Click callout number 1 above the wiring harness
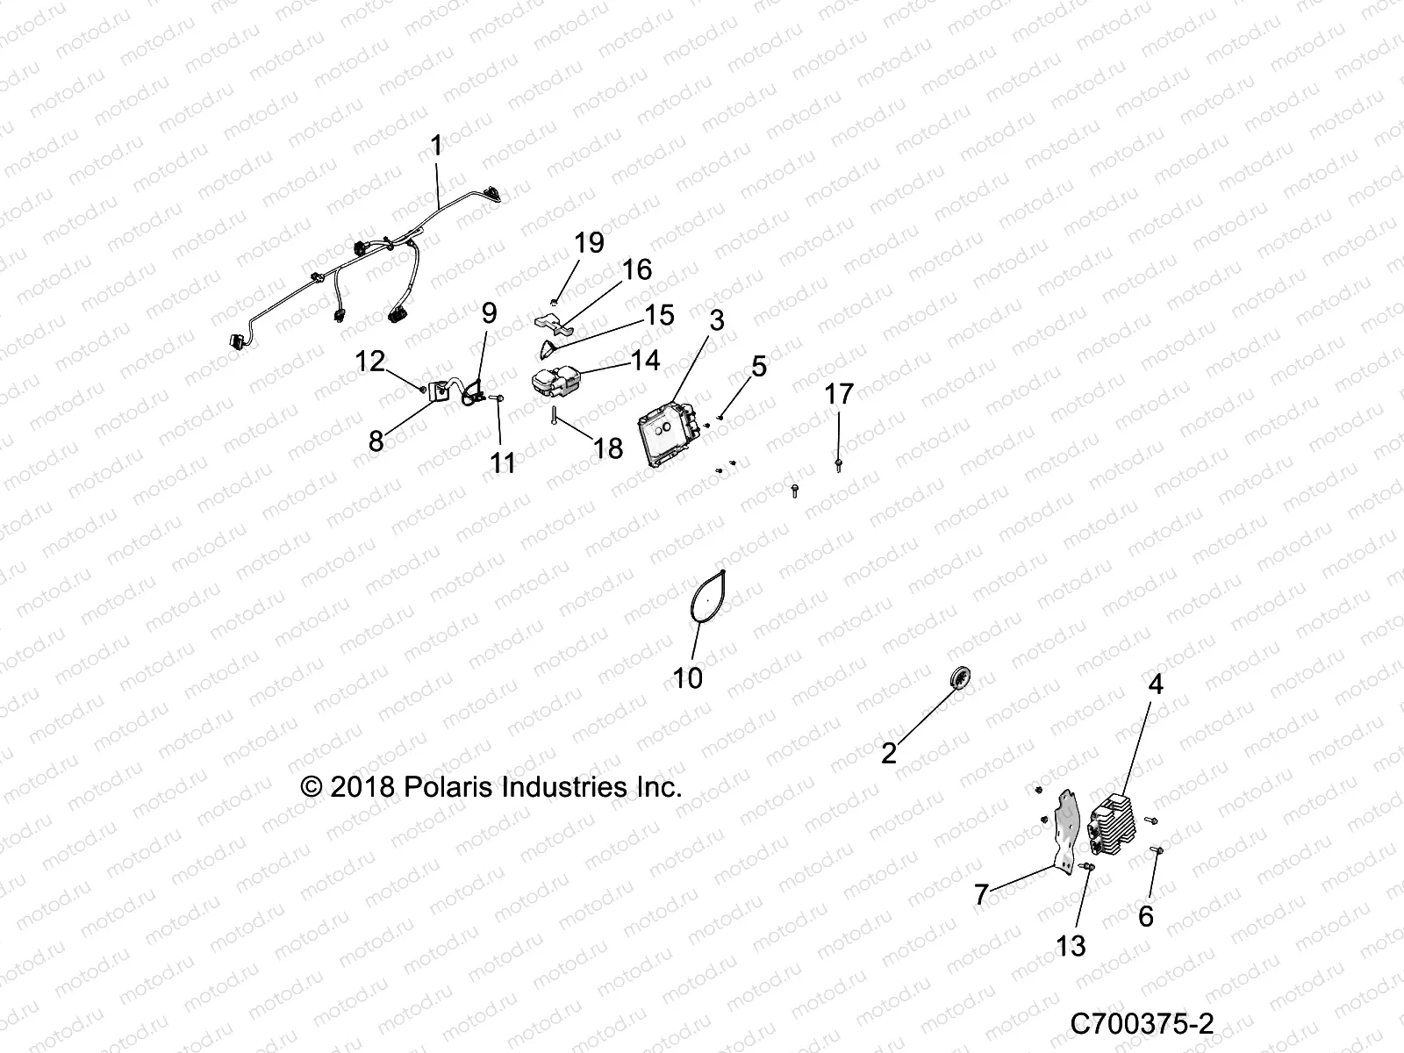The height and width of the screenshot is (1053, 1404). coord(437,146)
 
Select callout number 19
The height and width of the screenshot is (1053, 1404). coord(589,243)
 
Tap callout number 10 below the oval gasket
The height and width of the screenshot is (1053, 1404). coord(688,677)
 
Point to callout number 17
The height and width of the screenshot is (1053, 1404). coord(839,394)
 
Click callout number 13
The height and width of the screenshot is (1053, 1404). coord(1071,946)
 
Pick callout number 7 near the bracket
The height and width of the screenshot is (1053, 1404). coord(981,894)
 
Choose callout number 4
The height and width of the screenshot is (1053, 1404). coord(1155,684)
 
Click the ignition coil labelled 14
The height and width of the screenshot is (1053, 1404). coord(555,383)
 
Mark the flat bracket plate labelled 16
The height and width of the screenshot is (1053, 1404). coord(553,323)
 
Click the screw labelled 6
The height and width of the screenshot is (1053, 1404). coord(1156,849)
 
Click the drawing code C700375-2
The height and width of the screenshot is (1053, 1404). coord(1142,1023)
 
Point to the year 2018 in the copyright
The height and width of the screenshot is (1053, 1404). coord(362,787)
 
